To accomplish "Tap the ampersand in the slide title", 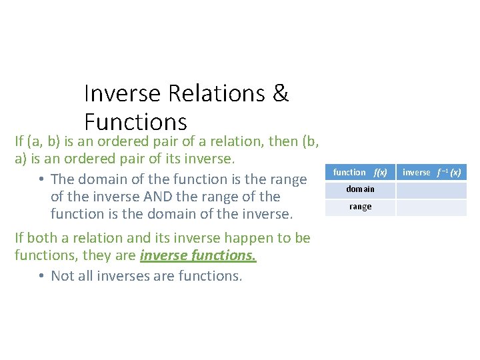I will point(281,94).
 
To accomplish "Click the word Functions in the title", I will point(135,121).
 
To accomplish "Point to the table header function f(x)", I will point(360,172).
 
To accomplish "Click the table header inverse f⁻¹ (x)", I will point(431,172).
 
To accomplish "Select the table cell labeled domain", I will point(360,189).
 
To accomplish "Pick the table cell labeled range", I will point(360,207).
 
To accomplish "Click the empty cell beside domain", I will point(431,189).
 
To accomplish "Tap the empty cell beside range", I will point(431,207).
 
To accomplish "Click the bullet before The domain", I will point(41,179).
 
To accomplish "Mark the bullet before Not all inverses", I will point(41,276).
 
